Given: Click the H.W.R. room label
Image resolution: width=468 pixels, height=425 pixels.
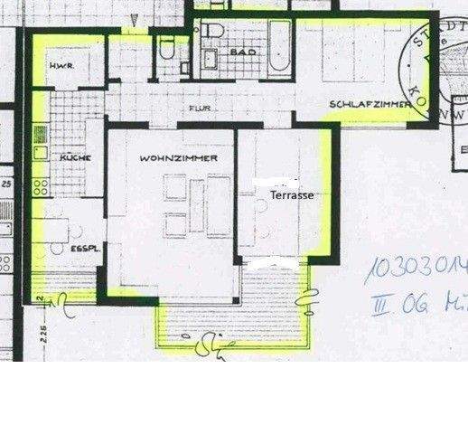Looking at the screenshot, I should tap(61, 66).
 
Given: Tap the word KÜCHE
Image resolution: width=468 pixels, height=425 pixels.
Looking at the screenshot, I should tap(73, 157).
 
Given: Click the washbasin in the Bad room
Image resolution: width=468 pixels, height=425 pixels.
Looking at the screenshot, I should tap(209, 61).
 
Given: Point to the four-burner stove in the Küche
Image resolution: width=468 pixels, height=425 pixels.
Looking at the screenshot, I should tap(41, 188).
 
